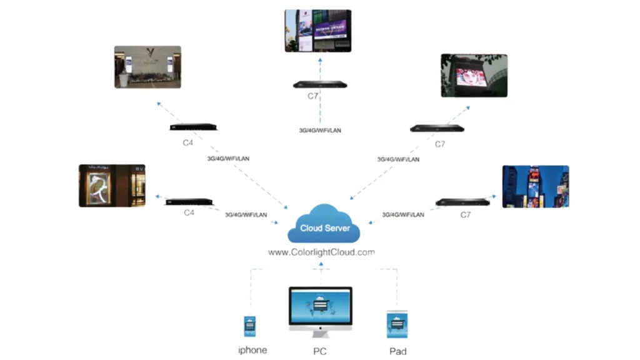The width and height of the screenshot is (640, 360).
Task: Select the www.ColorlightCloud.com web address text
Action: [321, 252]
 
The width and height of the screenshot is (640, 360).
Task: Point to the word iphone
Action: [252, 350]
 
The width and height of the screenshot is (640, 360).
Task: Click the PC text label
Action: [320, 351]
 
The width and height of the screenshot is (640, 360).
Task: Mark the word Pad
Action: [397, 351]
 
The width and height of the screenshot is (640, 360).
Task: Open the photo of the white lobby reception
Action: [147, 67]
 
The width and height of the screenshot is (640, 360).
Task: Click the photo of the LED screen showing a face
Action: [474, 76]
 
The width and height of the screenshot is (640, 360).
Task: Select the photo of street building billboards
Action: [317, 31]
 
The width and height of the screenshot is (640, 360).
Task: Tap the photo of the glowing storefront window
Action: [112, 186]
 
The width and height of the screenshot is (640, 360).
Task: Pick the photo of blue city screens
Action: [536, 186]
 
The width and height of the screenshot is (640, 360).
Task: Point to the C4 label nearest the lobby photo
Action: [188, 142]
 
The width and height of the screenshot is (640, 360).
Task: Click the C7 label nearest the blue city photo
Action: [465, 215]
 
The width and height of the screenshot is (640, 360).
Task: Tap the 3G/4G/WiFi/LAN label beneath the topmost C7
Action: [320, 131]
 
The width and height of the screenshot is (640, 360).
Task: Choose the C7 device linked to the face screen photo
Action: [437, 129]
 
